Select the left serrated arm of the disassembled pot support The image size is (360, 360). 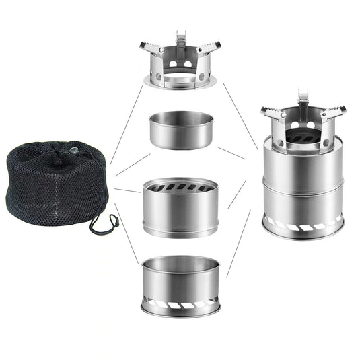[151, 48]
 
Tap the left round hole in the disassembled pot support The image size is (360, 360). [173, 64]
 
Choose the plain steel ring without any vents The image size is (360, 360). [180, 129]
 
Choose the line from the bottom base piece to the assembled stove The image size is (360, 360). [239, 242]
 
